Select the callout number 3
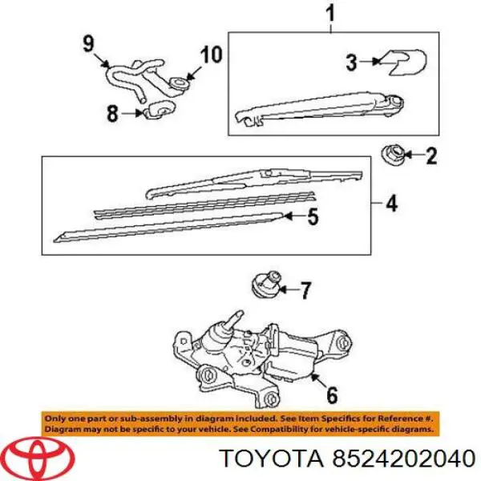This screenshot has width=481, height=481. pos(350,61)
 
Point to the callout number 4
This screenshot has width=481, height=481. pos(390,204)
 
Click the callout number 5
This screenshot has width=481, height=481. pos(313,216)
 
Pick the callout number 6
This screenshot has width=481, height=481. pos(332,394)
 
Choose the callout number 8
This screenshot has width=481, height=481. pos(112,114)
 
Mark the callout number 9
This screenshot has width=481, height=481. pos(88,42)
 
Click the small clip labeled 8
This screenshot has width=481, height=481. pos(156,110)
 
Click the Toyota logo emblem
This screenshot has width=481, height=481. pos(37,457)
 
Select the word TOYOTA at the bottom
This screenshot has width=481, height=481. pos(270,458)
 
